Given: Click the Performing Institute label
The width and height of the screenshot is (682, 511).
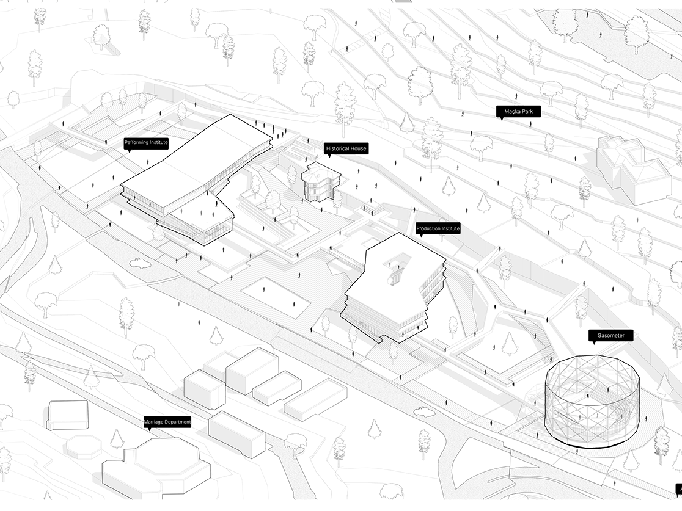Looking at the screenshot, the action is (146, 142).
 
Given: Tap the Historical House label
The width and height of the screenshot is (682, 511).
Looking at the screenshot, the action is (346, 148).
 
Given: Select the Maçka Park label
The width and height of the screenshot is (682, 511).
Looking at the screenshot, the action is (518, 111).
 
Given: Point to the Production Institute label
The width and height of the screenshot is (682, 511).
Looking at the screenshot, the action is (438, 228).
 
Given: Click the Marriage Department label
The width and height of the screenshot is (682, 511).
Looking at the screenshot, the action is (167, 421).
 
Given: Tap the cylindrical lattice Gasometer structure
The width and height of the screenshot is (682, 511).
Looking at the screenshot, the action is (593, 400).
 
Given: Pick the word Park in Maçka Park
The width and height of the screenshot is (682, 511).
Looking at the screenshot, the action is (530, 111).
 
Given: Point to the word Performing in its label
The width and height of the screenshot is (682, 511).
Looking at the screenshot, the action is (136, 142).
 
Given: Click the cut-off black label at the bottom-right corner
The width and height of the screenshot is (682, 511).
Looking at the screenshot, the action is (678, 488).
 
